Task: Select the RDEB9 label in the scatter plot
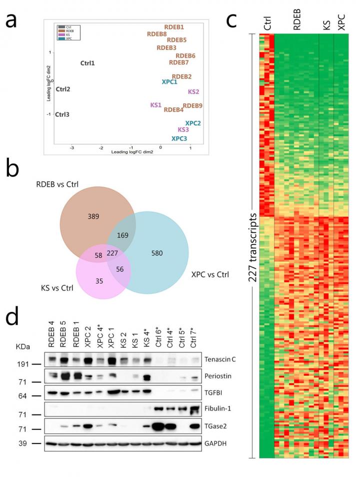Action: [x=192, y=106]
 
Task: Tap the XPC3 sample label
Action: [x=179, y=139]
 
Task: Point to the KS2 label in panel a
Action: [x=194, y=92]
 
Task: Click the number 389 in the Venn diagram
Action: [x=92, y=217]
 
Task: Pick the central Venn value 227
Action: [x=112, y=253]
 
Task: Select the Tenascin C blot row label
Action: [x=220, y=359]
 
